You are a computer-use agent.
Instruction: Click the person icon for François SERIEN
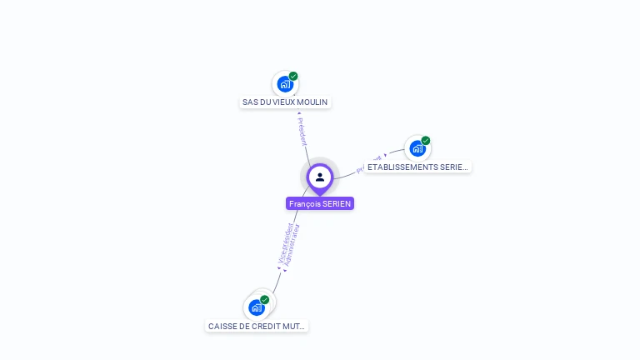point(320,177)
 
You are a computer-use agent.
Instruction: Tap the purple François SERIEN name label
point(320,203)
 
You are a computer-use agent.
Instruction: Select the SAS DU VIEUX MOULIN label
point(285,102)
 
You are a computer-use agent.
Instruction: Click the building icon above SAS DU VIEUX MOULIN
point(285,84)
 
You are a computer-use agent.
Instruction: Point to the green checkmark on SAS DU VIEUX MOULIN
point(293,76)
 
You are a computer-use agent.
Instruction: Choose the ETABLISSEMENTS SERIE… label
point(417,167)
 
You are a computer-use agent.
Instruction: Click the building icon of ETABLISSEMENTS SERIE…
point(417,148)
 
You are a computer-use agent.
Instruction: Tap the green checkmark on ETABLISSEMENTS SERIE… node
point(426,140)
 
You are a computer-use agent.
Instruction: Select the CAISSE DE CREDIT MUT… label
point(257,326)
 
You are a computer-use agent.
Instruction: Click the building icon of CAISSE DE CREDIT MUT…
point(257,307)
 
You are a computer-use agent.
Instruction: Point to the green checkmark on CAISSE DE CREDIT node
point(265,299)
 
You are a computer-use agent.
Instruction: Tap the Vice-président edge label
point(284,244)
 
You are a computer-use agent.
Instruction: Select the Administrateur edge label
point(292,247)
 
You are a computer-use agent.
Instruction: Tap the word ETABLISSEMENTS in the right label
point(402,167)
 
